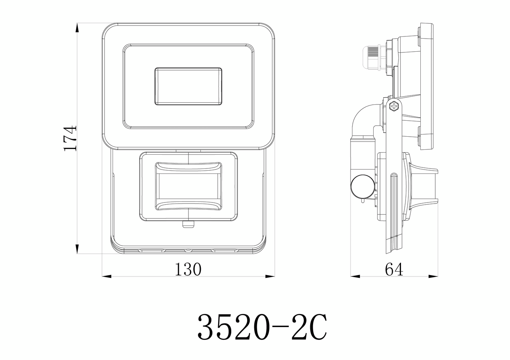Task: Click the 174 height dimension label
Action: (70, 138)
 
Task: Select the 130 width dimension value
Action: (188, 269)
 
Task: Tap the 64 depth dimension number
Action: (394, 270)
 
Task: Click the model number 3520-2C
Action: (262, 327)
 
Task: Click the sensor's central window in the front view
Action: (188, 186)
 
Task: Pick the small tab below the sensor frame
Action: (188, 225)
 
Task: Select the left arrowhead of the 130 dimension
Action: (106, 276)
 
